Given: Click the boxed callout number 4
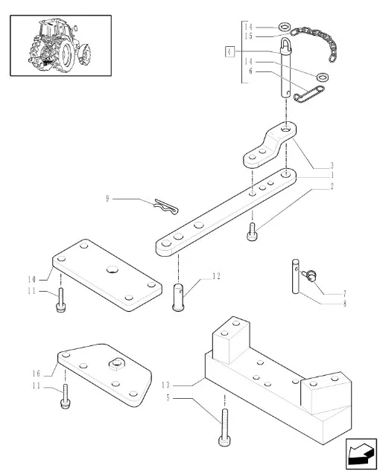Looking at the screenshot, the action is click(229, 51).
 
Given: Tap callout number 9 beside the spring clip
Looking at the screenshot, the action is click(107, 199).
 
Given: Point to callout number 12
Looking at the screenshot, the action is click(216, 276).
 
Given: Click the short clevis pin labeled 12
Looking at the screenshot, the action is click(178, 297).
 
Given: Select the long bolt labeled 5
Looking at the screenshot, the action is click(224, 427).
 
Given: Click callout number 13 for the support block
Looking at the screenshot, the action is click(165, 385).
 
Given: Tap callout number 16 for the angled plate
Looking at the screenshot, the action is click(37, 374).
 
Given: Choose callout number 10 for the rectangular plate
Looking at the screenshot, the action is click(31, 279).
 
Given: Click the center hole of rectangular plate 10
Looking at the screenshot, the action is click(112, 269).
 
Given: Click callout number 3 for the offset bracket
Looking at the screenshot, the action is click(332, 165).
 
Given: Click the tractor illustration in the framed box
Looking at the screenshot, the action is click(60, 45).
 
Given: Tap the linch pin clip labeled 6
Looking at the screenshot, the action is click(309, 94).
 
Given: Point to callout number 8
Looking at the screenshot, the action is click(344, 303).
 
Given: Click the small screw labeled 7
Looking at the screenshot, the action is click(310, 275).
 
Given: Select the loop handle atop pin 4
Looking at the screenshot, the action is click(286, 45).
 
